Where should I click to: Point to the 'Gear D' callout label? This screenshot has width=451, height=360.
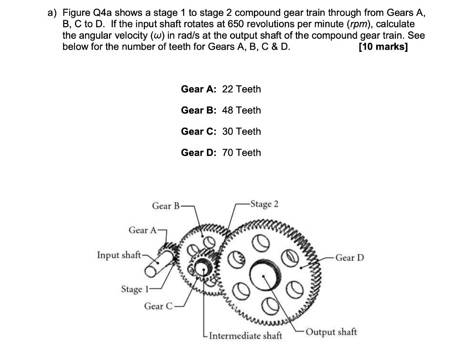[350, 257]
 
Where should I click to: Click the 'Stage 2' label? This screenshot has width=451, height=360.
[264, 204]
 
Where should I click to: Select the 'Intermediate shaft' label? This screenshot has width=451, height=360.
[245, 336]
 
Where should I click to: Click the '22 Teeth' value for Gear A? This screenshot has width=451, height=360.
[241, 89]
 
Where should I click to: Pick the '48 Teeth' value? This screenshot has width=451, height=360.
[241, 110]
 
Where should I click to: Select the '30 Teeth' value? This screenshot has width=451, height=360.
[241, 132]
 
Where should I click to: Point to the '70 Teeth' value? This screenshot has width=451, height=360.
[241, 153]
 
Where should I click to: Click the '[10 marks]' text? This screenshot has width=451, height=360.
[383, 47]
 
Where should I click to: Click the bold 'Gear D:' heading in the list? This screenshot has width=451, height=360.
[199, 153]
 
